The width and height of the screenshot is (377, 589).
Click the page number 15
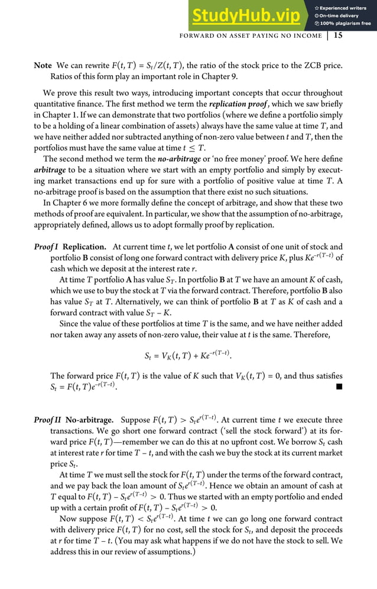pos(338,35)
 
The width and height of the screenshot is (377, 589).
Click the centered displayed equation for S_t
pos(188,356)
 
